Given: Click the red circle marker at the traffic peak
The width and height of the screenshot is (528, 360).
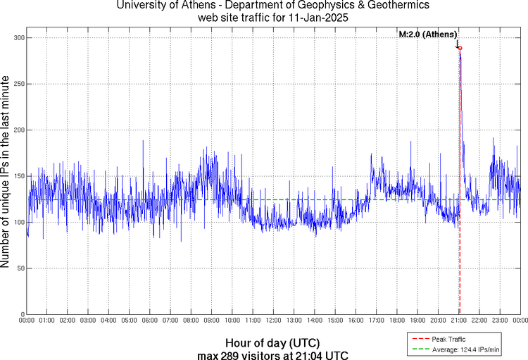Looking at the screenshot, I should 460,48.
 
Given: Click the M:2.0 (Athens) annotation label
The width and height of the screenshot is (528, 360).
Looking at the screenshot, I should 428,35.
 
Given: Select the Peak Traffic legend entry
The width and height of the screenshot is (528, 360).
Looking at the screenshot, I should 448,339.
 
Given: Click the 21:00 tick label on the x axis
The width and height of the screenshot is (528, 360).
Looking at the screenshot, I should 458,321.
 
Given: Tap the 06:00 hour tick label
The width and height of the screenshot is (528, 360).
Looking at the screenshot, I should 150,321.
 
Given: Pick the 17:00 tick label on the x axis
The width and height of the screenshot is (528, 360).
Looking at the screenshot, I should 376,321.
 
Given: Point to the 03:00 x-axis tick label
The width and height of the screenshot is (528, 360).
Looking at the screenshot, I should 89,321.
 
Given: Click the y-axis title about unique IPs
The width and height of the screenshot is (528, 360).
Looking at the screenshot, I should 6,173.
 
